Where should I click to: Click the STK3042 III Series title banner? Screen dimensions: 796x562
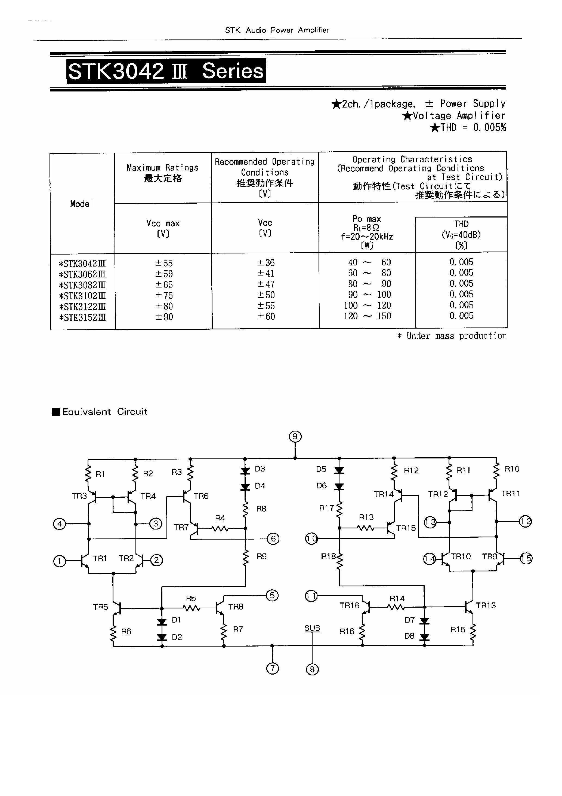point(166,71)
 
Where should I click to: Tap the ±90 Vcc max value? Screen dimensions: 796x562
point(163,317)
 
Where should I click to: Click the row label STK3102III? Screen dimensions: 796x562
point(82,296)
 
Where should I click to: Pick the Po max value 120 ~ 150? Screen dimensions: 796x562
point(367,316)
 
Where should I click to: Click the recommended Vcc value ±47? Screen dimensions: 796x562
point(266,284)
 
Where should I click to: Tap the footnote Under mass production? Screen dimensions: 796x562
point(452,336)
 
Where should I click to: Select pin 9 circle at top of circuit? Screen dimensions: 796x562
point(295,436)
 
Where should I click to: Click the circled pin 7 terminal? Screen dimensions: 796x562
point(273,668)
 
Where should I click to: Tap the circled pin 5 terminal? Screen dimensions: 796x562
point(272,595)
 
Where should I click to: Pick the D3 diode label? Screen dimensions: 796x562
point(260,469)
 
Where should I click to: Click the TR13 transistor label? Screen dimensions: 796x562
point(486,605)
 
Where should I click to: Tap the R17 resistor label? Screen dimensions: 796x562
point(326,508)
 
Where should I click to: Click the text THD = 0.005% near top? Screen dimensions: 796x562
point(468,128)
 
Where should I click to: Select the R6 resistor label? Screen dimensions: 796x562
point(126,631)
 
